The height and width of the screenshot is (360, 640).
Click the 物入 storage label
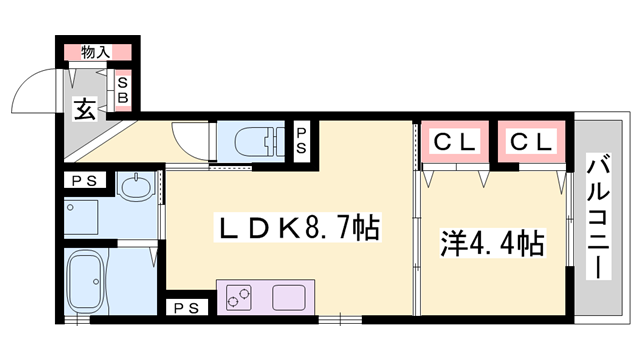point(96,52)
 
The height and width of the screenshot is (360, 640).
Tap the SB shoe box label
point(123,90)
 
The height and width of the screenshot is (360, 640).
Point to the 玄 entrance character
point(85,109)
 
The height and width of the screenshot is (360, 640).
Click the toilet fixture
point(260,141)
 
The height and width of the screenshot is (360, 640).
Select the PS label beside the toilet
point(301,141)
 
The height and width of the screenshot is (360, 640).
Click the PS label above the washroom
point(84,181)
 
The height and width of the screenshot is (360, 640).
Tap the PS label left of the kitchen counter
point(187,308)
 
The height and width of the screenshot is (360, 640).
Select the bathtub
point(86,281)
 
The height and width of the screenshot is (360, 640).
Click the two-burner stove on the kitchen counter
point(238,298)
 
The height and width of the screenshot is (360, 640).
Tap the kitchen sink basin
point(289,298)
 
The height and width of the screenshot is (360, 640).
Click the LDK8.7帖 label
point(299,228)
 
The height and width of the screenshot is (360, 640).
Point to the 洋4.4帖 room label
point(492,244)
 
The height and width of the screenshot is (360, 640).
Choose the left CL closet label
point(454,142)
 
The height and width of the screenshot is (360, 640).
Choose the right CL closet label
point(531,142)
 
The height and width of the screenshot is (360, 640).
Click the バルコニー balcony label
point(598,216)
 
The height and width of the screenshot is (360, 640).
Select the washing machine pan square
point(81,217)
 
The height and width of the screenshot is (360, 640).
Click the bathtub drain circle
point(96,282)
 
